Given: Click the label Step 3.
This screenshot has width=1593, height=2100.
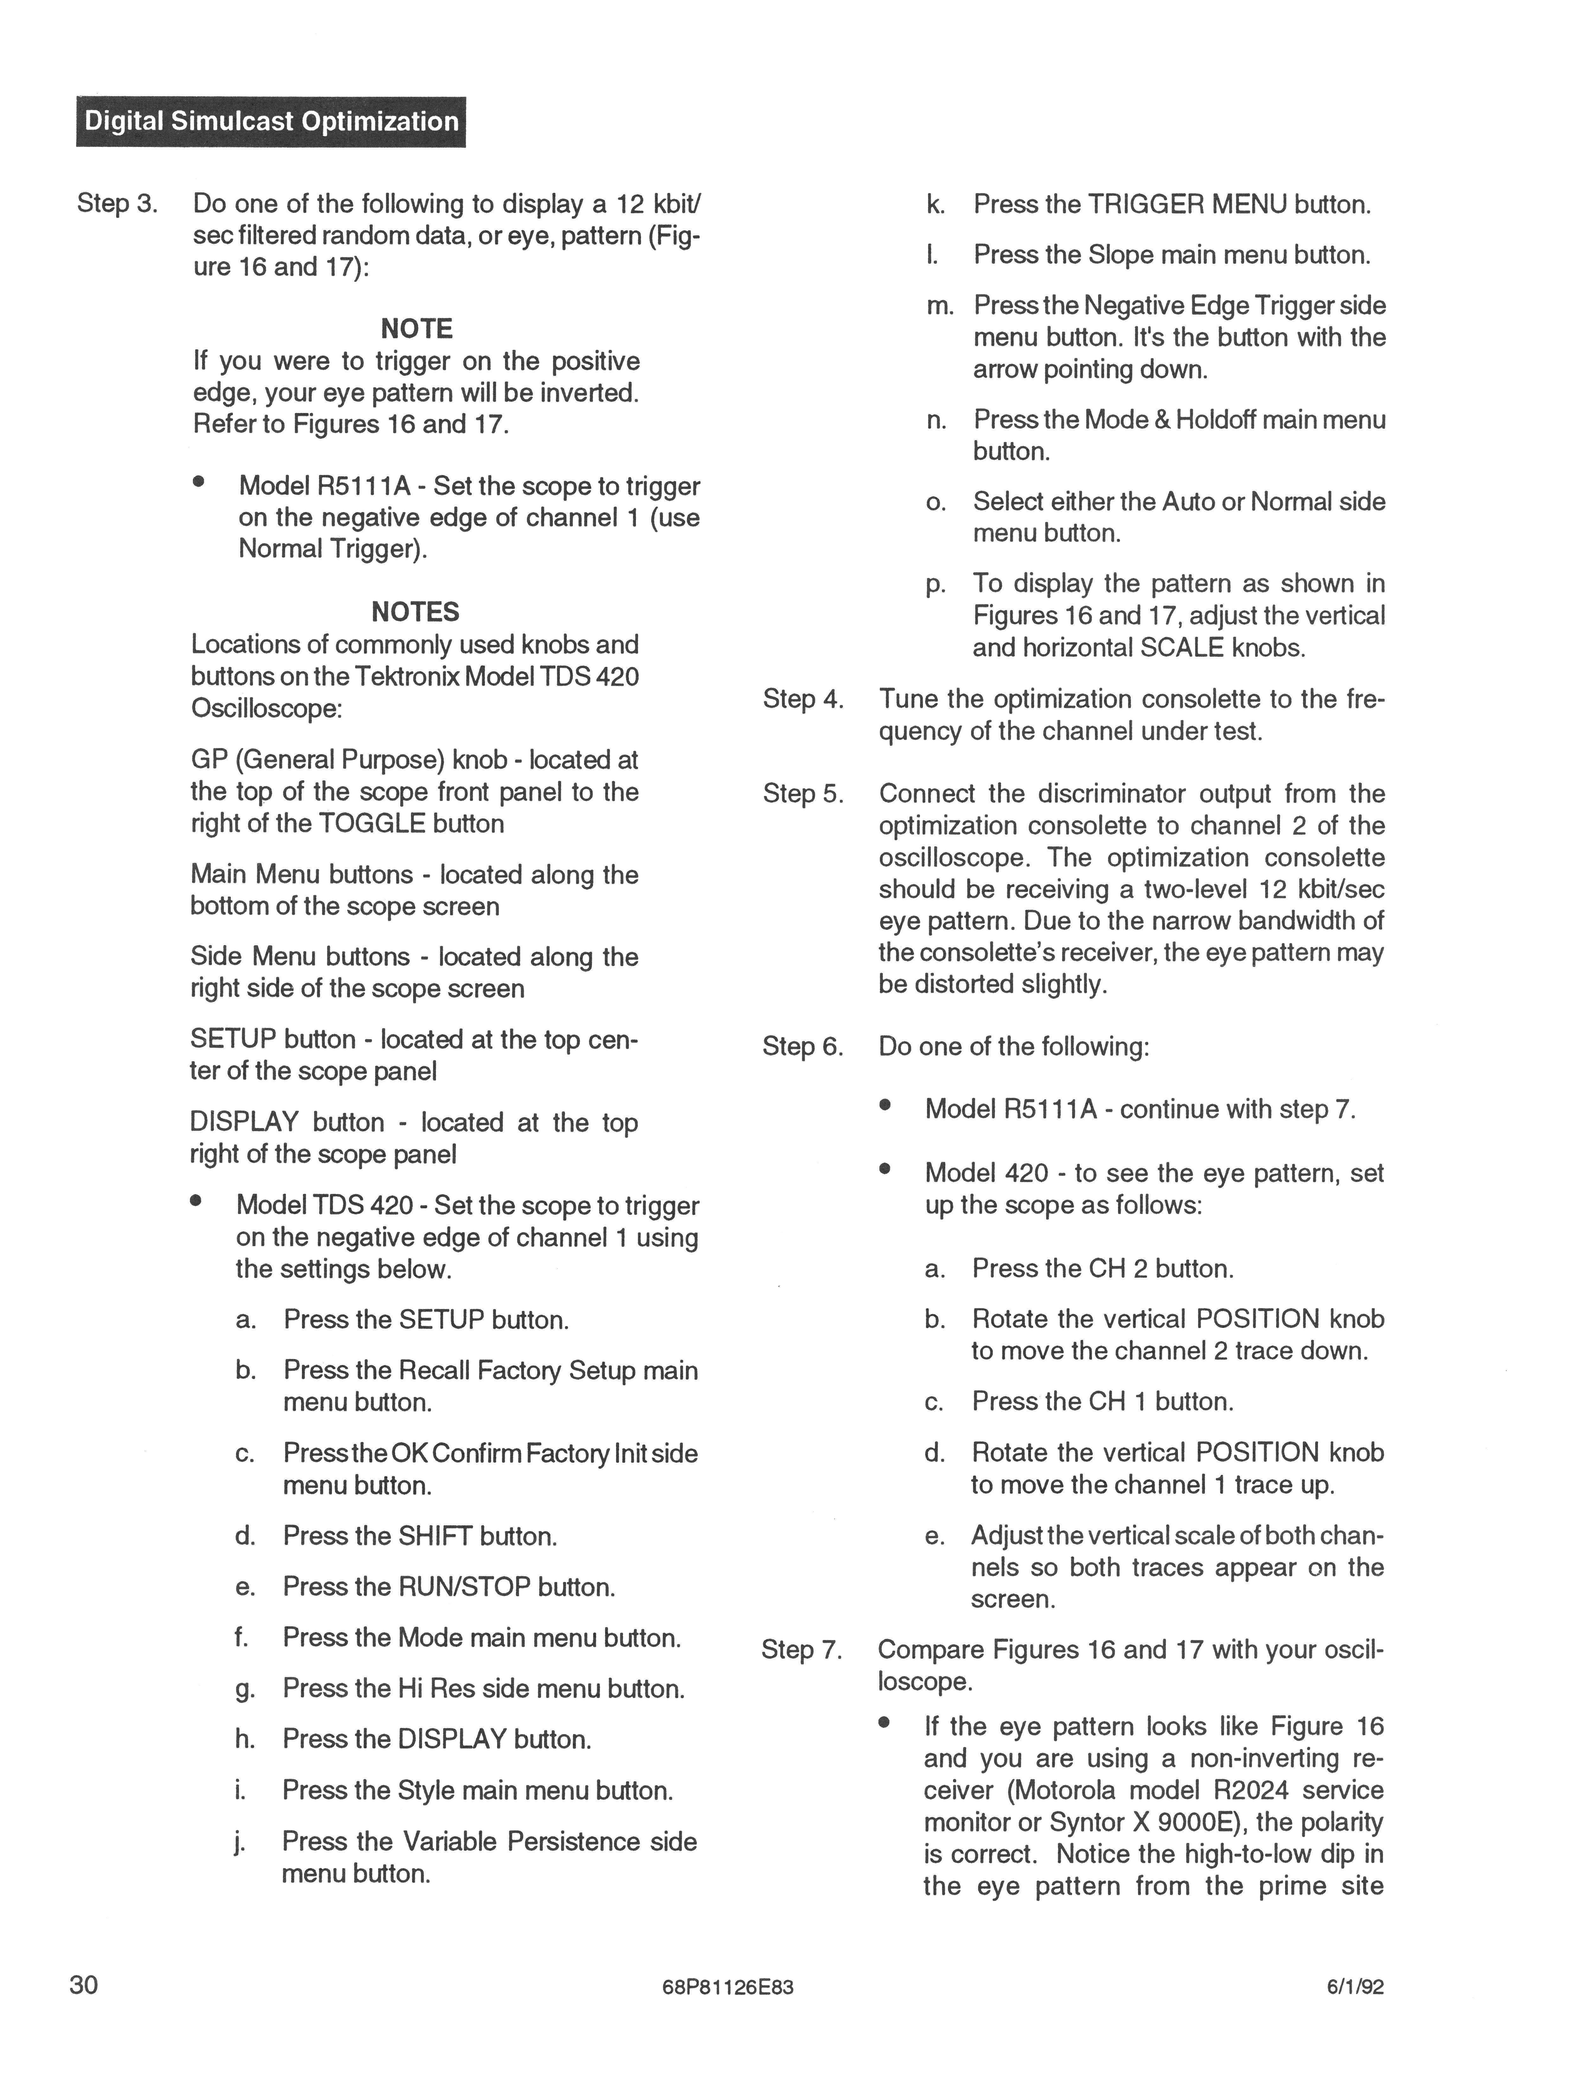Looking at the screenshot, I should (117, 204).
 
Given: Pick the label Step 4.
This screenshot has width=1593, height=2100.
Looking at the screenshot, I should (802, 700).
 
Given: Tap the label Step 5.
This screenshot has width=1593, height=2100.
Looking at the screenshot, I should (802, 794).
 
